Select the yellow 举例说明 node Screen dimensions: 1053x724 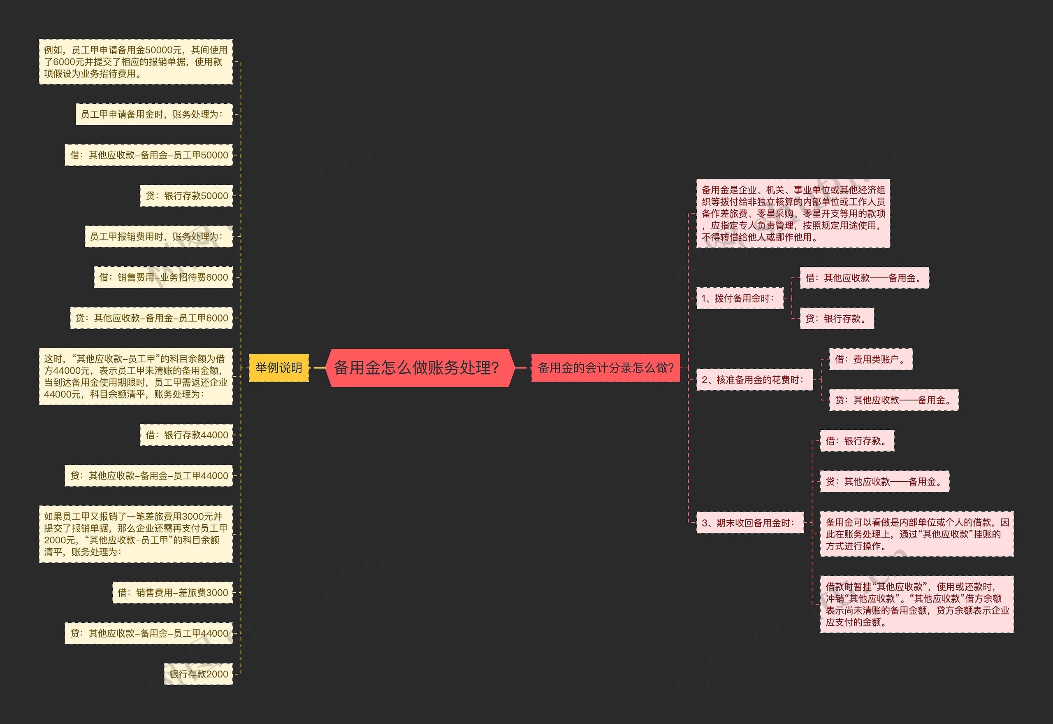[279, 368]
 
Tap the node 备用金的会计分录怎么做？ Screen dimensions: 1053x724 [605, 368]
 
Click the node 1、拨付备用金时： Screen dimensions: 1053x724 [739, 298]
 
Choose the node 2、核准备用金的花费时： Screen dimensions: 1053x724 [754, 379]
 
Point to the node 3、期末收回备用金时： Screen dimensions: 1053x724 [750, 523]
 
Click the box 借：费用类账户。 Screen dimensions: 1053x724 [870, 359]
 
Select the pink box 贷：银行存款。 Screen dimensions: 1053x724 [836, 319]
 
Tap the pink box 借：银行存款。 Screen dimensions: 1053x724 [857, 440]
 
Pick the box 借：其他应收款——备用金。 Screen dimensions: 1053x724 [864, 278]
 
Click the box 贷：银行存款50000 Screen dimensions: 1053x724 [186, 196]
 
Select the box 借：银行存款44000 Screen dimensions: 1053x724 [186, 435]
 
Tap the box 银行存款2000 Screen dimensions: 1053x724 [198, 674]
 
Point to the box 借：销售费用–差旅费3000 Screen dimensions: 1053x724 [172, 592]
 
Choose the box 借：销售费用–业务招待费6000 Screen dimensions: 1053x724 [163, 277]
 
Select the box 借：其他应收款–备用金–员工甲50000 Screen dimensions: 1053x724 [148, 155]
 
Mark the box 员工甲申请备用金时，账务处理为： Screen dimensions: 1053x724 [154, 114]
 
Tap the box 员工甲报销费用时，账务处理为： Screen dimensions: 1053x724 [159, 236]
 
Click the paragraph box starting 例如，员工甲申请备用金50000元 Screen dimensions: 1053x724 [136, 62]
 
